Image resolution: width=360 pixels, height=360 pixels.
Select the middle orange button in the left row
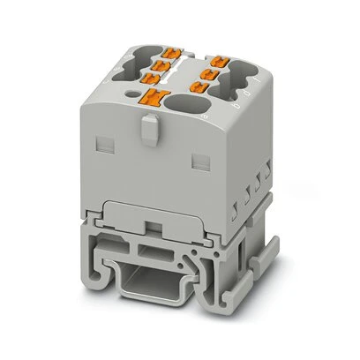pyautogui.click(x=161, y=64)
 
